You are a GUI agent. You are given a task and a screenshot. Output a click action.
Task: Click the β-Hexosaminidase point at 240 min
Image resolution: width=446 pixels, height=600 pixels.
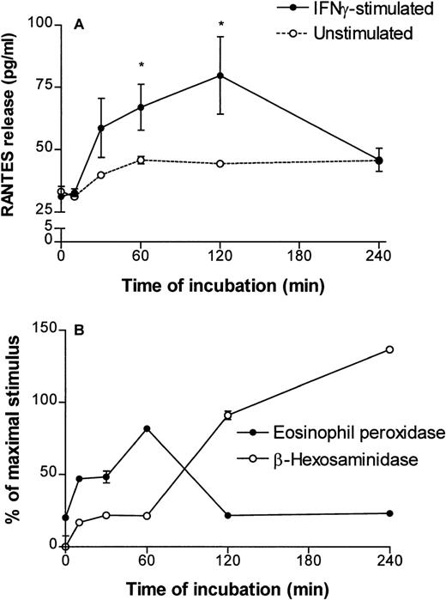(x=390, y=349)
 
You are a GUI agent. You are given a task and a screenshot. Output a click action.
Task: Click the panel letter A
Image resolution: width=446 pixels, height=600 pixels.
(x=78, y=26)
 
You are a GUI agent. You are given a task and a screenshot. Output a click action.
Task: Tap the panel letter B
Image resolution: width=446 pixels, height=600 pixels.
(x=78, y=329)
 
